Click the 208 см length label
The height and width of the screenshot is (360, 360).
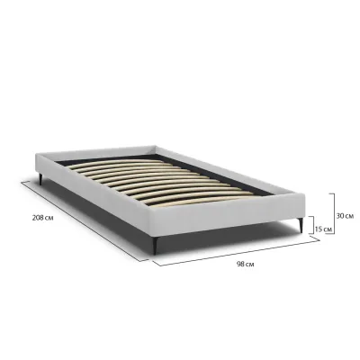pyautogui.click(x=43, y=218)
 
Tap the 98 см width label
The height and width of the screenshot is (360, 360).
pyautogui.click(x=245, y=265)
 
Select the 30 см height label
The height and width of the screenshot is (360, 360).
pyautogui.click(x=345, y=215)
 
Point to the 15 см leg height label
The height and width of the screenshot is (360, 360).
pyautogui.click(x=324, y=229)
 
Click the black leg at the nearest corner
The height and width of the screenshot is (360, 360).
pyautogui.click(x=154, y=246)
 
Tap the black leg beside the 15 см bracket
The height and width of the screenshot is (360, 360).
pyautogui.click(x=301, y=225)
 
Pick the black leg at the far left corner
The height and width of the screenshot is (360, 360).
pyautogui.click(x=40, y=179)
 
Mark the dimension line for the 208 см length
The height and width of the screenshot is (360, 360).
pyautogui.click(x=85, y=221)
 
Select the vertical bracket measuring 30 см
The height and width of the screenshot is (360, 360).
pyautogui.click(x=334, y=213)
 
